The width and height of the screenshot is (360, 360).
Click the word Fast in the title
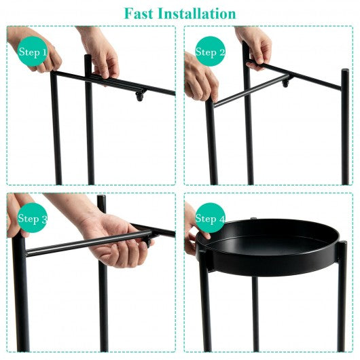[x=139, y=14]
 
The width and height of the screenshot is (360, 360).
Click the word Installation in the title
[x=197, y=14]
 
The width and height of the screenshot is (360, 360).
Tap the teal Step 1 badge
[x=33, y=52]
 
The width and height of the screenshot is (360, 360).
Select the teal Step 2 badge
[x=210, y=52]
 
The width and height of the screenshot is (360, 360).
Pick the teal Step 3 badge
[x=33, y=217]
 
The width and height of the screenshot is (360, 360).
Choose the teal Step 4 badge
[x=210, y=217]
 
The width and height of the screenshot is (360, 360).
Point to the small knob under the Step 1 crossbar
[x=139, y=96]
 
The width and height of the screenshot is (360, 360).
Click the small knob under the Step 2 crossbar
[x=285, y=83]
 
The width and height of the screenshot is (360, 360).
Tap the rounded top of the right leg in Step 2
[x=344, y=71]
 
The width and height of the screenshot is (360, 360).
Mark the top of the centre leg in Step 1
[x=88, y=57]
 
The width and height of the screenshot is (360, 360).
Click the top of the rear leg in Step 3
[x=101, y=197]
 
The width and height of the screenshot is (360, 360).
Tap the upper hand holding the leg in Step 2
[x=255, y=47]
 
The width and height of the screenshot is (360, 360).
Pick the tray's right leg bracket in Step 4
[x=342, y=250]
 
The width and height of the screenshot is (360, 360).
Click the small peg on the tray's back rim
[x=253, y=218]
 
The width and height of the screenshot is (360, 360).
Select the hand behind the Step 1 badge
[x=35, y=50]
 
